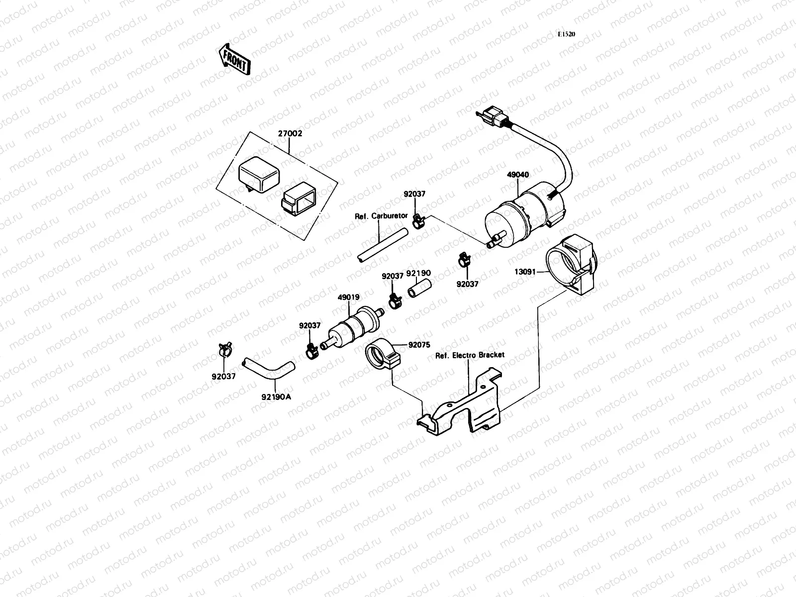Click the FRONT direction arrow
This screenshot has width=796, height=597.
pos(234,59)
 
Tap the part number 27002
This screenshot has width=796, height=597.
pos(290,134)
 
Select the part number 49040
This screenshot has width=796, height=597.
pos(518,175)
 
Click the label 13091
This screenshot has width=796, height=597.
pos(526,272)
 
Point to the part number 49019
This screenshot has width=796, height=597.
pos(348,298)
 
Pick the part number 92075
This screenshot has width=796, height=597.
pos(419,344)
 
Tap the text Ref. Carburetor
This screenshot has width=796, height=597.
pos(381,216)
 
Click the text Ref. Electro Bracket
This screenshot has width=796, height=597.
pos(469,355)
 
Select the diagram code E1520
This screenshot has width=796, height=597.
pos(566,35)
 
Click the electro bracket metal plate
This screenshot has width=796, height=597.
pos(468,405)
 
